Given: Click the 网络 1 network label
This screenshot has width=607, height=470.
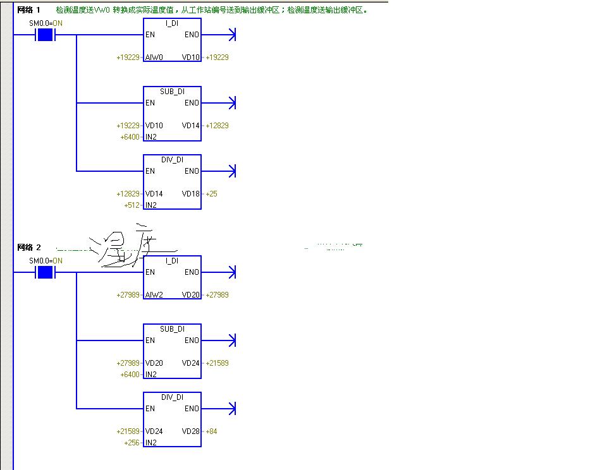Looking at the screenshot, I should pyautogui.click(x=28, y=10).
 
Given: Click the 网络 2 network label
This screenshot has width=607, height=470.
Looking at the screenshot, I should pyautogui.click(x=28, y=248).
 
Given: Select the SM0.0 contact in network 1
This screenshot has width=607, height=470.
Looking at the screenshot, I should pyautogui.click(x=45, y=34).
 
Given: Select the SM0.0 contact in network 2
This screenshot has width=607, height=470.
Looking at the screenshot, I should pyautogui.click(x=45, y=272).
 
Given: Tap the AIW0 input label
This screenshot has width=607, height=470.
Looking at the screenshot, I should pyautogui.click(x=154, y=57).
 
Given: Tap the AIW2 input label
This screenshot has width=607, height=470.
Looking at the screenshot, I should pyautogui.click(x=154, y=295).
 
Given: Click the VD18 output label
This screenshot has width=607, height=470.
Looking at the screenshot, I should pyautogui.click(x=191, y=194).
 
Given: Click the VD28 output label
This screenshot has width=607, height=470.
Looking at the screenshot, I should pyautogui.click(x=191, y=431).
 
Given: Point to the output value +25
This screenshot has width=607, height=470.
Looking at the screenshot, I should pyautogui.click(x=211, y=194).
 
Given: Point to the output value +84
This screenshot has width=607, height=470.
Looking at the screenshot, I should pyautogui.click(x=211, y=431).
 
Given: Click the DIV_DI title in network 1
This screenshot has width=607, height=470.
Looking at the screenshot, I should pyautogui.click(x=172, y=160).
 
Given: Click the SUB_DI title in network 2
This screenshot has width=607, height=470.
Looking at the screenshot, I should pyautogui.click(x=172, y=329).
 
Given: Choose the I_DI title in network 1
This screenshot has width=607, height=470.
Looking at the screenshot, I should pyautogui.click(x=172, y=23).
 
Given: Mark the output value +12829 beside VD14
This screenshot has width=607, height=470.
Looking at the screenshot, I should pyautogui.click(x=217, y=126).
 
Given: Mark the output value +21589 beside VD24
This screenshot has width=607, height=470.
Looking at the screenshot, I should pyautogui.click(x=217, y=363).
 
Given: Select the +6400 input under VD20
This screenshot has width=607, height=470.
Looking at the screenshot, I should pyautogui.click(x=130, y=375).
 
